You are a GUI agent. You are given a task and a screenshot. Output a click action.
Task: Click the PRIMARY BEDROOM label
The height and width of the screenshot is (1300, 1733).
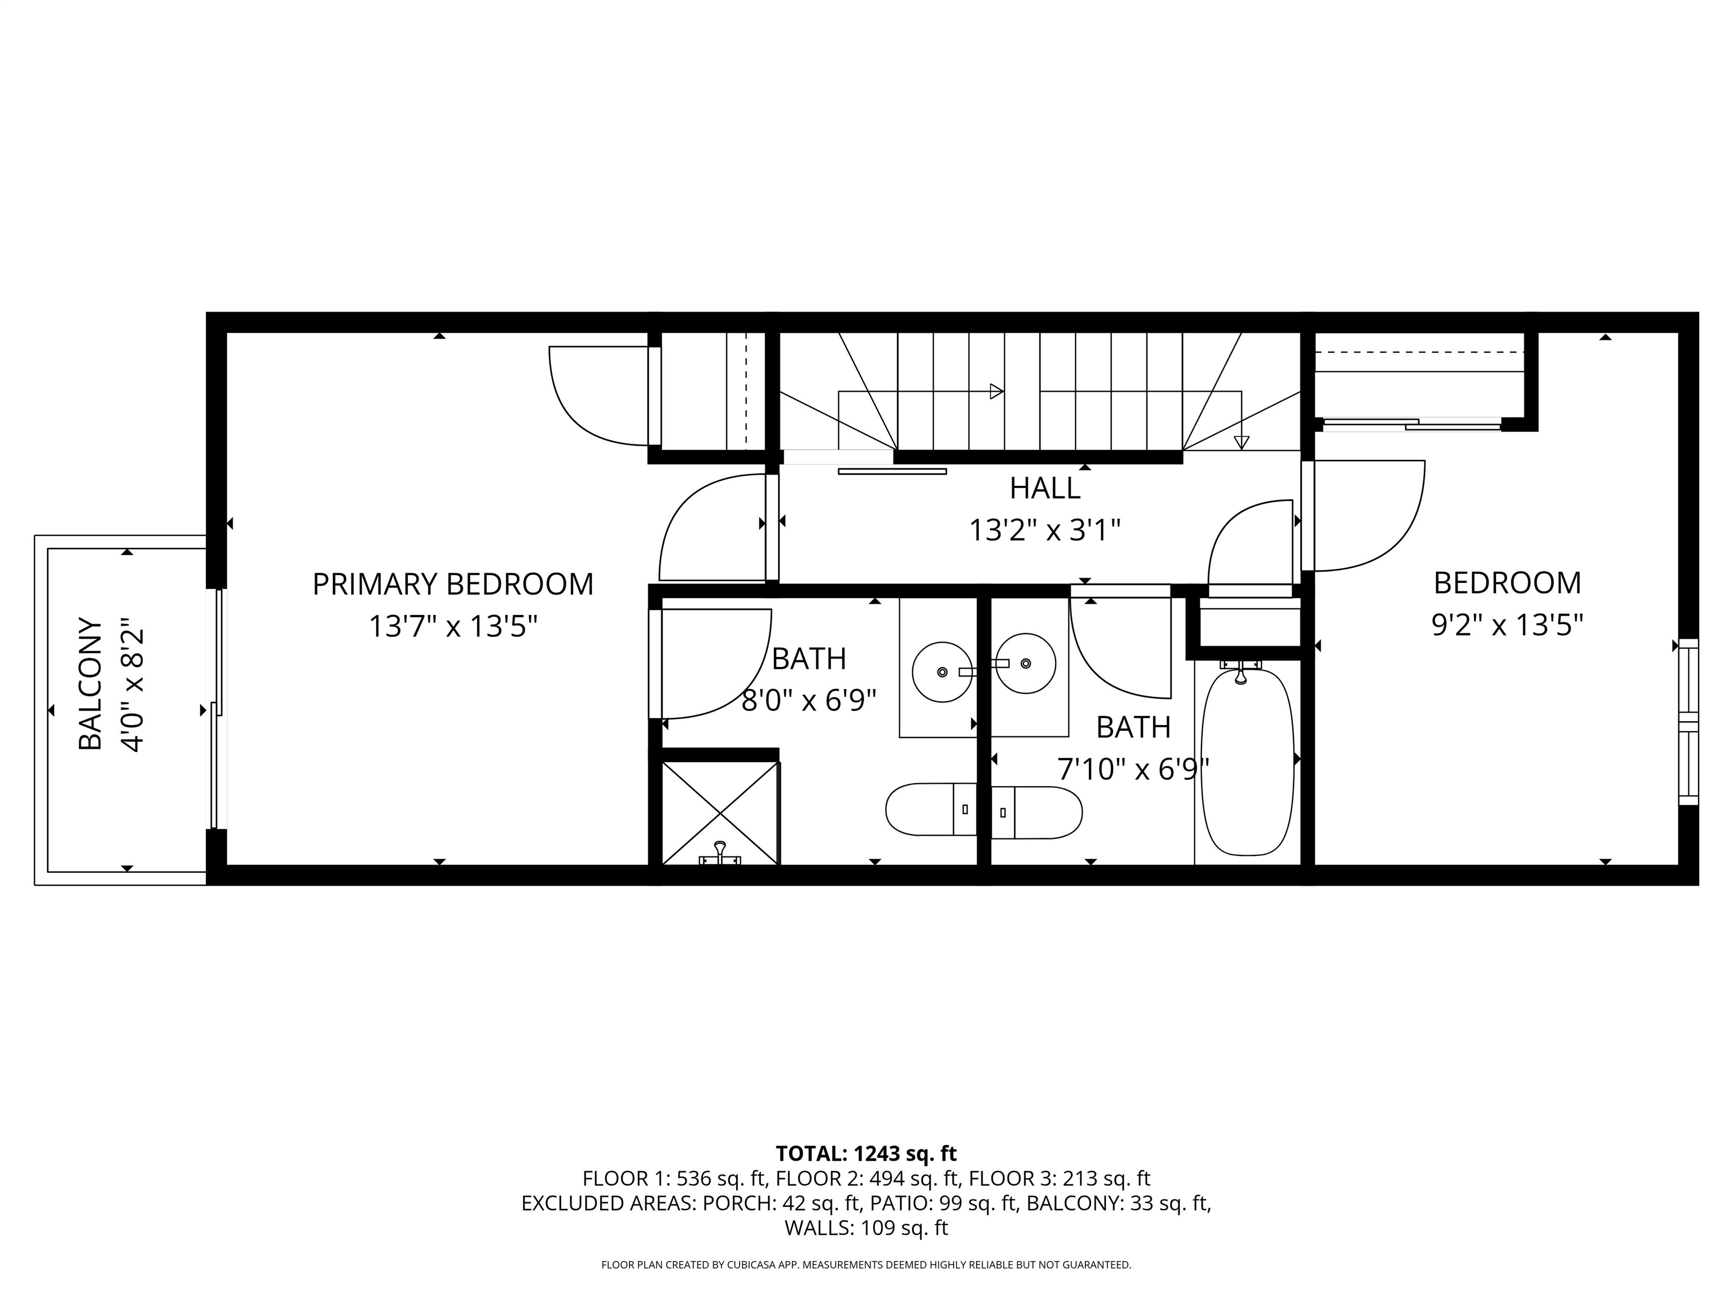pyautogui.click(x=453, y=585)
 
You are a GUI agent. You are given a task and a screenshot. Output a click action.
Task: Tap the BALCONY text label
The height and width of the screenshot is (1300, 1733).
pyautogui.click(x=91, y=684)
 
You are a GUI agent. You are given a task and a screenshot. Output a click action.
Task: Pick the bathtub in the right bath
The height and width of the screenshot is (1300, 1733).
pyautogui.click(x=1247, y=762)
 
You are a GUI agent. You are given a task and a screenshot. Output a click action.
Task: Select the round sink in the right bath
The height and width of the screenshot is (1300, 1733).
pyautogui.click(x=1026, y=664)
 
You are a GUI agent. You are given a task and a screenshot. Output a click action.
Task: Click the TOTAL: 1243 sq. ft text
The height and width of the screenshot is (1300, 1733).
pyautogui.click(x=866, y=1153)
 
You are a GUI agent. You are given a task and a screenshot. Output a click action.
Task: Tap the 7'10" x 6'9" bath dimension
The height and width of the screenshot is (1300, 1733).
pyautogui.click(x=1133, y=770)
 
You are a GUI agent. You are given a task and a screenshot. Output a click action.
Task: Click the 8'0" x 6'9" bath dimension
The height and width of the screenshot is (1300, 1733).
pyautogui.click(x=808, y=700)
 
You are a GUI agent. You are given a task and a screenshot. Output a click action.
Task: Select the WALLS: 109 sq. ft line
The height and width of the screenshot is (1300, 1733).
pyautogui.click(x=866, y=1228)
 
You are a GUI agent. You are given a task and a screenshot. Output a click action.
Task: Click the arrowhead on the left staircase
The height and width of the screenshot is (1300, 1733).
pyautogui.click(x=997, y=391)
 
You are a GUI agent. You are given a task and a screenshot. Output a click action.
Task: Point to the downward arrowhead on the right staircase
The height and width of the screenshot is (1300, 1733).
pyautogui.click(x=1241, y=442)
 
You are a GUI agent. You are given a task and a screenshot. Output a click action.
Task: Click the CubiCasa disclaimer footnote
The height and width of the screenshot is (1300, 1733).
pyautogui.click(x=866, y=1265)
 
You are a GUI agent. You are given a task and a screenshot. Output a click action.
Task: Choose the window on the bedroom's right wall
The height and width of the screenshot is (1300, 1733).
pyautogui.click(x=1688, y=722)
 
